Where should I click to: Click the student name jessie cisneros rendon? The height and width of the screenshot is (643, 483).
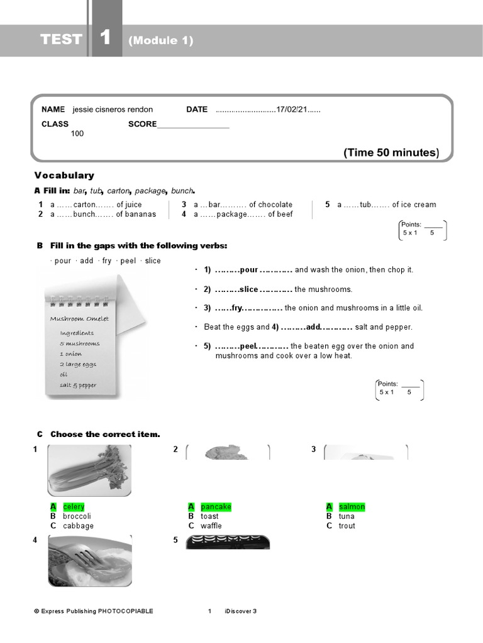(113, 109)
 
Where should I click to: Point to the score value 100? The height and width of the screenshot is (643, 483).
(77, 133)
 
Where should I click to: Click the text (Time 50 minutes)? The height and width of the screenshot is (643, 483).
(391, 153)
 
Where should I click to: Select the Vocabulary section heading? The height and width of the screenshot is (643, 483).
(64, 175)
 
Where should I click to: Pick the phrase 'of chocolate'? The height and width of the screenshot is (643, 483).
(270, 204)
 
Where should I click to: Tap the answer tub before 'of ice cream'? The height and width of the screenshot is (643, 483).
(366, 204)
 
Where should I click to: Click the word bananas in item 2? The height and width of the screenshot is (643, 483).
(140, 214)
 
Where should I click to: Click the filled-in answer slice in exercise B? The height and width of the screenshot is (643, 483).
(249, 289)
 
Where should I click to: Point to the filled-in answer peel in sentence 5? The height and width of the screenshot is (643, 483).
(249, 346)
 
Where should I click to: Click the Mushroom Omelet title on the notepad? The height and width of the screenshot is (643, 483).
(79, 318)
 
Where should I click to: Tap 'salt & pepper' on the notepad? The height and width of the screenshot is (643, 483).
(78, 385)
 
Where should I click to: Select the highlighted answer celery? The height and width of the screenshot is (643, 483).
(74, 507)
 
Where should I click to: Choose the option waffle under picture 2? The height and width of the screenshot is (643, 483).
(211, 526)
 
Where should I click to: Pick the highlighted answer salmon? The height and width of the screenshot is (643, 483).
(352, 507)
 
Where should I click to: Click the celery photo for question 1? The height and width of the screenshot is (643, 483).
(90, 470)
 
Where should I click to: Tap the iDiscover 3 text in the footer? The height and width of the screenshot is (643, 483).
(240, 611)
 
